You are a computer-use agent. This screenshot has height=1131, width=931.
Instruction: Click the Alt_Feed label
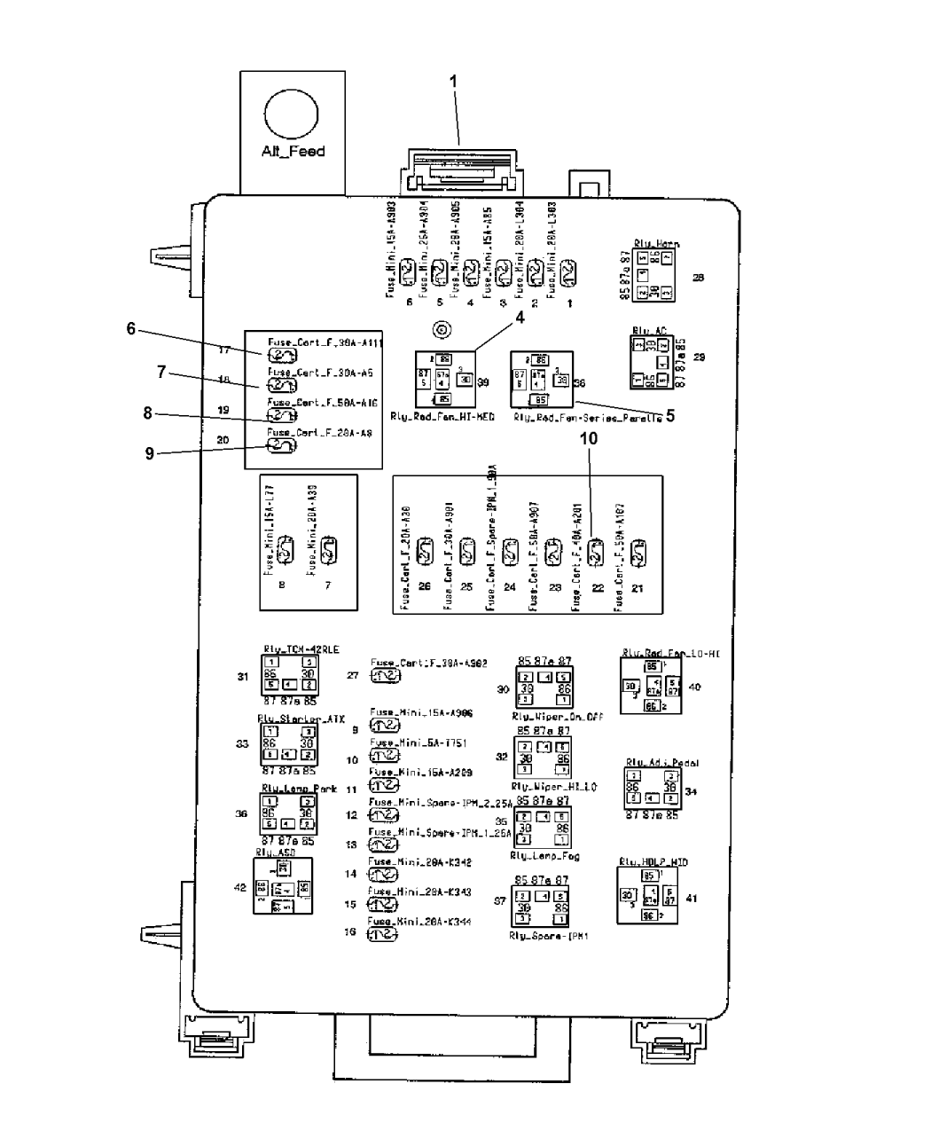(293, 151)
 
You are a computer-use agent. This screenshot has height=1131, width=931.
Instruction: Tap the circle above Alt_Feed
(291, 116)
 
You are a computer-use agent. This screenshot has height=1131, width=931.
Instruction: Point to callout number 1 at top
(454, 82)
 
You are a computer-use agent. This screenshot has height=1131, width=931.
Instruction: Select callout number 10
(588, 438)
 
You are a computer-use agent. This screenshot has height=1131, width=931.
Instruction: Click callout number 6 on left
(130, 328)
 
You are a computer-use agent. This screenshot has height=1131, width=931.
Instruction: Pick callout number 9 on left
(150, 453)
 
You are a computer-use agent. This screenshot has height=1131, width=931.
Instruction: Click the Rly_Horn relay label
(657, 243)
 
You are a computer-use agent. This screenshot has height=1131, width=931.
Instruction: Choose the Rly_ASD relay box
(282, 886)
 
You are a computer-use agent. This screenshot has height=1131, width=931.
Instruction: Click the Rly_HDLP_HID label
(653, 861)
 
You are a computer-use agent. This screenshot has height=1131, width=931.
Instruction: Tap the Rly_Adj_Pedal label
(656, 762)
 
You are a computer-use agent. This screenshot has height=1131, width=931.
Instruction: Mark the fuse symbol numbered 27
(385, 676)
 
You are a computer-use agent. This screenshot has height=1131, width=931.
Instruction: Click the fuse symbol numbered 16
(383, 934)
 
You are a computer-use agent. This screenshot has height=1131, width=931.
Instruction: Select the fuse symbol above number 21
(638, 554)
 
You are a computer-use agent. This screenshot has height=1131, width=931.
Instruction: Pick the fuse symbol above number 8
(284, 551)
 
